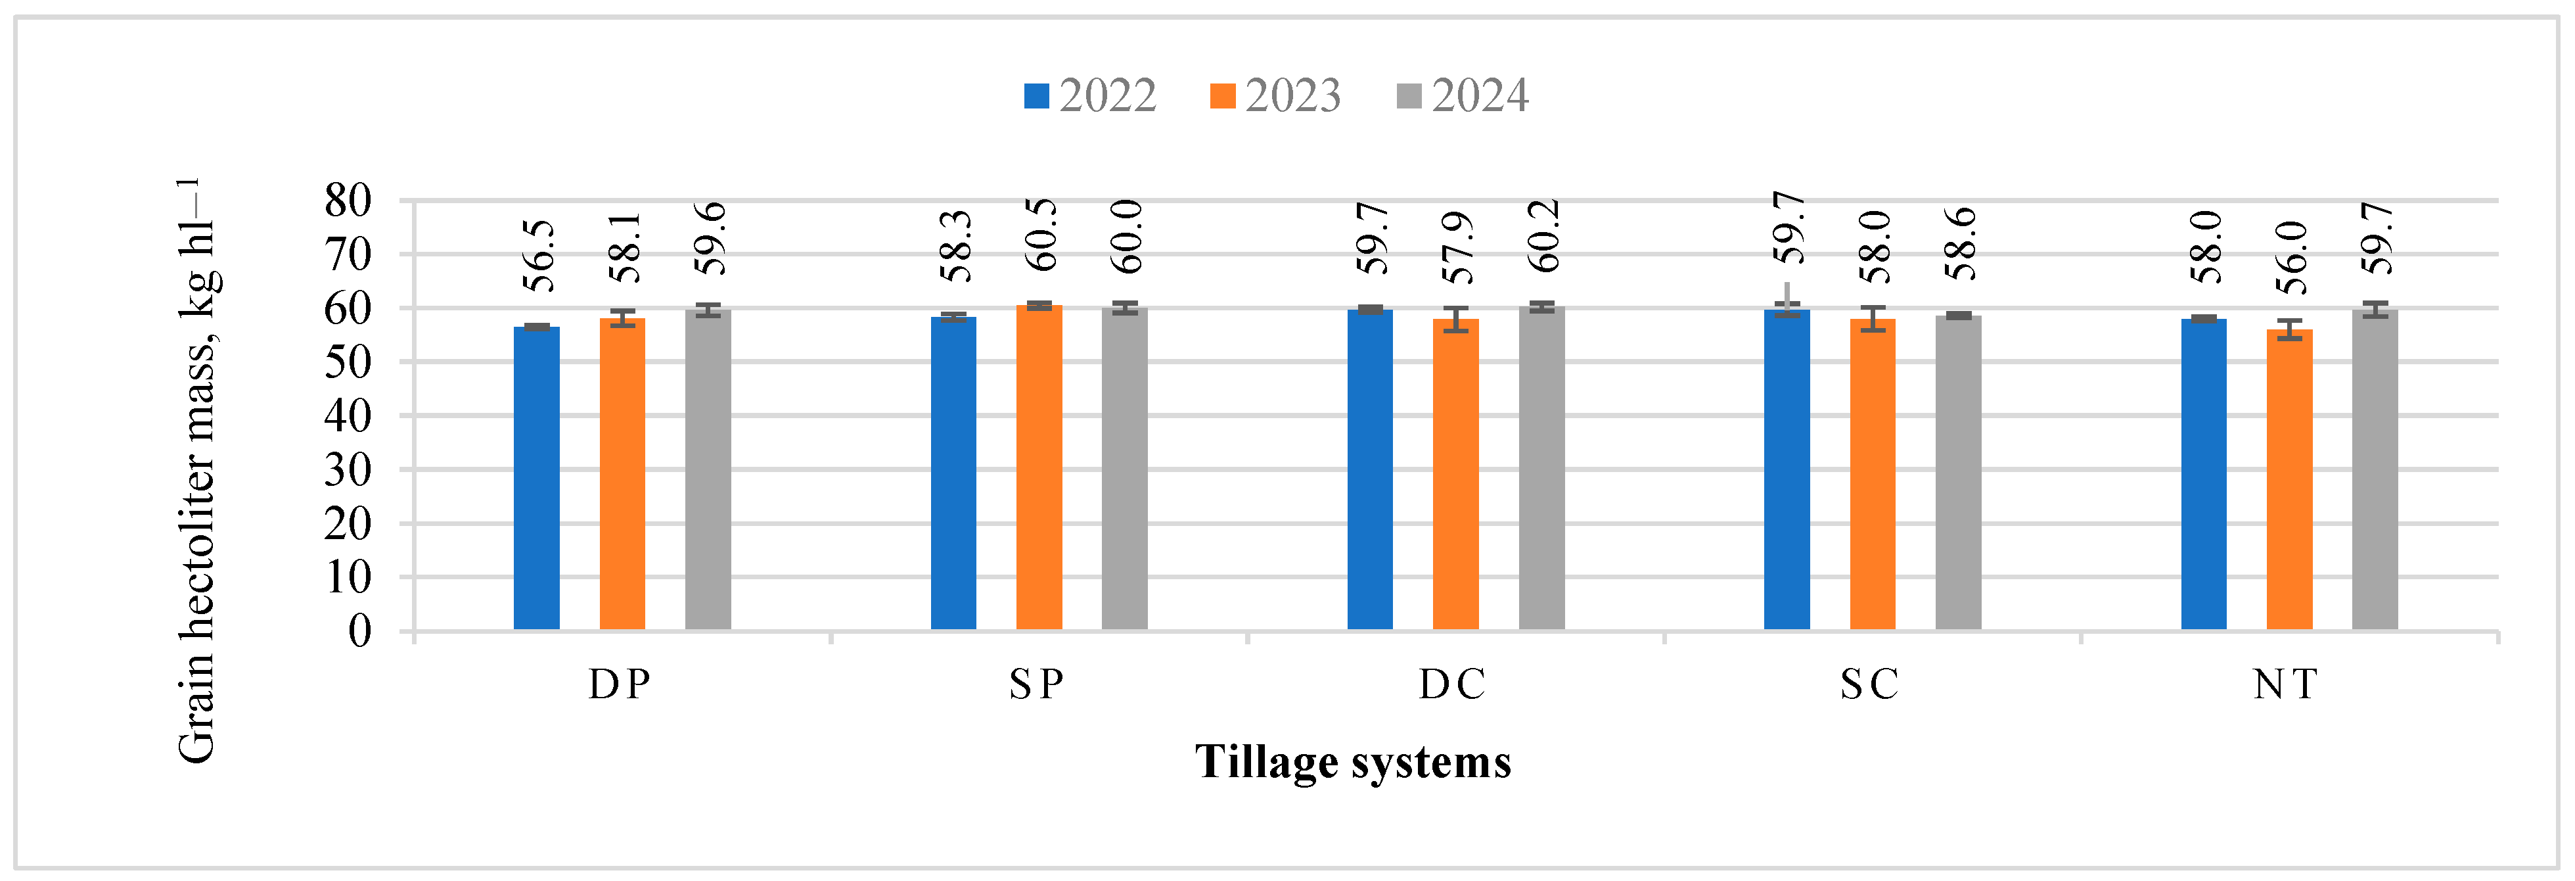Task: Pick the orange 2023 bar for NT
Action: click(x=2289, y=480)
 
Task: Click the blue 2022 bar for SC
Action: click(x=1787, y=470)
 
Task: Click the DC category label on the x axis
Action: click(x=1453, y=685)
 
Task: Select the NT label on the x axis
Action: click(x=2285, y=685)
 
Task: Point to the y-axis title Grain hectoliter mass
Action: click(x=197, y=470)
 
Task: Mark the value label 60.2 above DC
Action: click(x=1543, y=236)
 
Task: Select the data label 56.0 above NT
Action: click(x=2291, y=258)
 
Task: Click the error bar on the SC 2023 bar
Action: click(x=1872, y=319)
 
